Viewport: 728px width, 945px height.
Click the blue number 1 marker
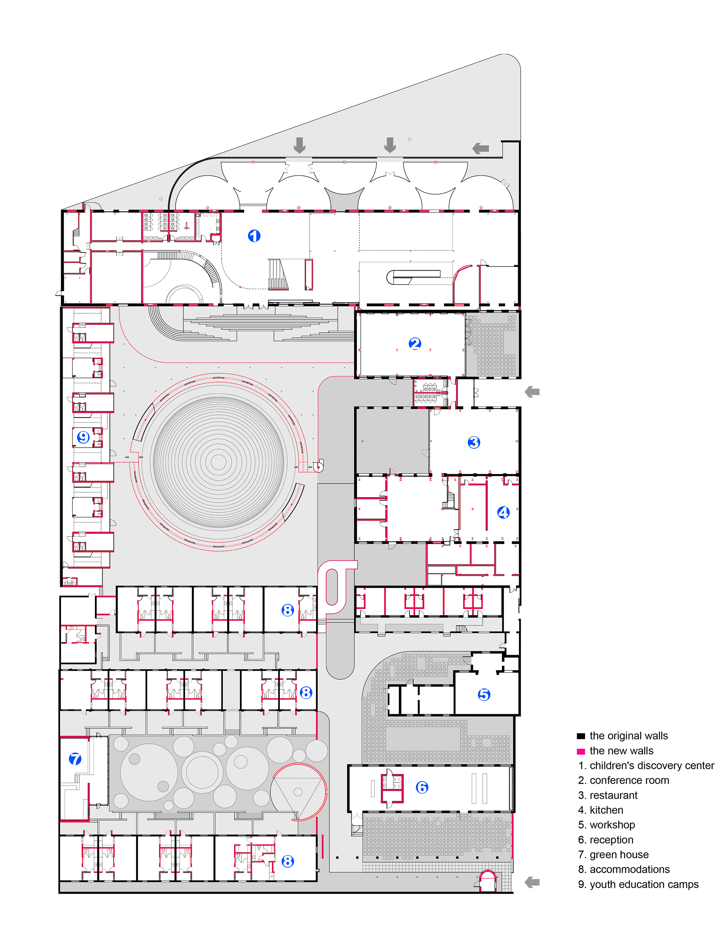(254, 236)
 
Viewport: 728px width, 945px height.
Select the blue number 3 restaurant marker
(474, 442)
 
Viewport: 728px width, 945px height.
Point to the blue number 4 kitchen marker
(503, 513)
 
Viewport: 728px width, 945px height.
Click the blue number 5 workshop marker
(484, 695)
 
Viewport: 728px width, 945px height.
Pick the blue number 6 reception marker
(422, 787)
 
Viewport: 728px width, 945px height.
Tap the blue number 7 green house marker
(75, 759)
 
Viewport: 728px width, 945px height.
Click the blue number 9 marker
(83, 437)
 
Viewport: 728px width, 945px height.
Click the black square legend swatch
(581, 736)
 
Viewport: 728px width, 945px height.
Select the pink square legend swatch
(581, 751)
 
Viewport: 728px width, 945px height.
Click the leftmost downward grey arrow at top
(299, 145)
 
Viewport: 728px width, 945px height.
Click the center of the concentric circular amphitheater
(218, 462)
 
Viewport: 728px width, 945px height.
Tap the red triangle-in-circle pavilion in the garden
(298, 792)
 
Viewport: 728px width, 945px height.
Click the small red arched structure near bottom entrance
(487, 880)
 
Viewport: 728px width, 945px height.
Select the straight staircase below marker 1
(277, 274)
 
